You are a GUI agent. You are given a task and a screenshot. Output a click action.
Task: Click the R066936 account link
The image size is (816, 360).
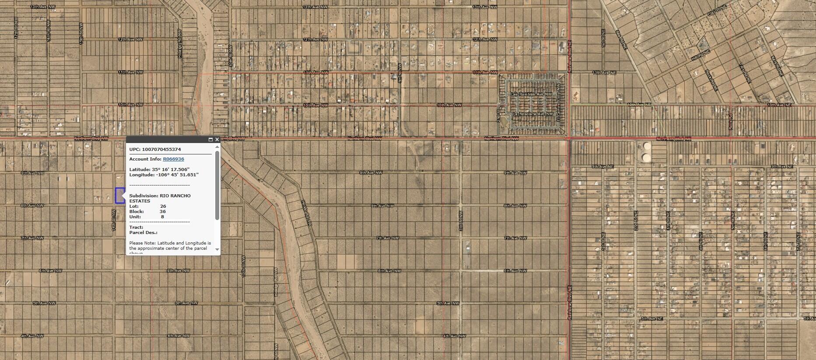pos(173,159)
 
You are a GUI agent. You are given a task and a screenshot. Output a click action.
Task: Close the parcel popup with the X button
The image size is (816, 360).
pos(217,140)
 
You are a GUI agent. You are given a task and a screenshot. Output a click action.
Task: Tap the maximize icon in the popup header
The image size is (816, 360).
pos(210,140)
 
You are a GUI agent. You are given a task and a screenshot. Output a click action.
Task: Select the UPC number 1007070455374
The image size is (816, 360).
pos(161,149)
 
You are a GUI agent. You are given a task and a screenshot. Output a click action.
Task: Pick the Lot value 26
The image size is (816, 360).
pos(163,206)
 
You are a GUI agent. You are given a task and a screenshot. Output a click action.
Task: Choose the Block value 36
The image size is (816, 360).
pos(163,211)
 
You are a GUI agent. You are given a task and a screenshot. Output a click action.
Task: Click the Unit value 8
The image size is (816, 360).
pos(162,217)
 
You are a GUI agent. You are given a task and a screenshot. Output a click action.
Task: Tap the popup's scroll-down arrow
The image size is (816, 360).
pos(217,249)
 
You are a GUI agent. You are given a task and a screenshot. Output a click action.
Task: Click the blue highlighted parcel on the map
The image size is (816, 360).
pos(119,196)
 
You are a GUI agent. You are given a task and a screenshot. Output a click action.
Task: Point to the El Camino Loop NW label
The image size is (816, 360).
pos(558,107)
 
